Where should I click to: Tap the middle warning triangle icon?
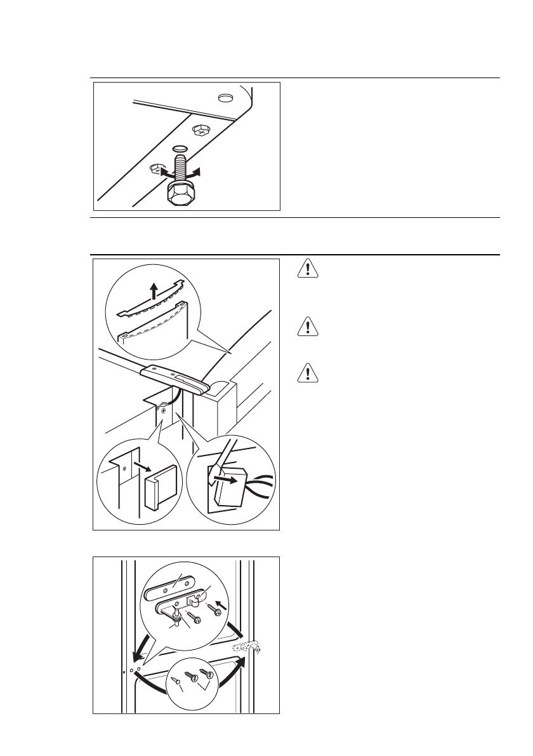[x=308, y=327]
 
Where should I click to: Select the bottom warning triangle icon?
[x=308, y=374]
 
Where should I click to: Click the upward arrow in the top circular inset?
[x=152, y=292]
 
